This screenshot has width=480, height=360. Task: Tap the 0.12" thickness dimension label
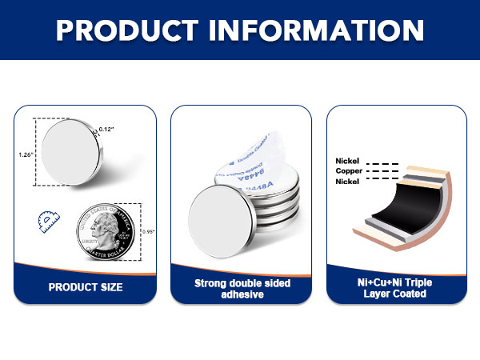pos(106,129)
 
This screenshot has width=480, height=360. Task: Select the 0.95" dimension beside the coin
pos(149,231)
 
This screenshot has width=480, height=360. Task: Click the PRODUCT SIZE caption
pos(86,286)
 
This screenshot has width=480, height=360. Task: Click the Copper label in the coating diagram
pos(350,171)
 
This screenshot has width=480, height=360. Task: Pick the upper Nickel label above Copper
pos(349,161)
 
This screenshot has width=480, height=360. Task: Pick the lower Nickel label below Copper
pos(349,182)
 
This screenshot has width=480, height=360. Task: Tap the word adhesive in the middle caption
pos(242,294)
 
